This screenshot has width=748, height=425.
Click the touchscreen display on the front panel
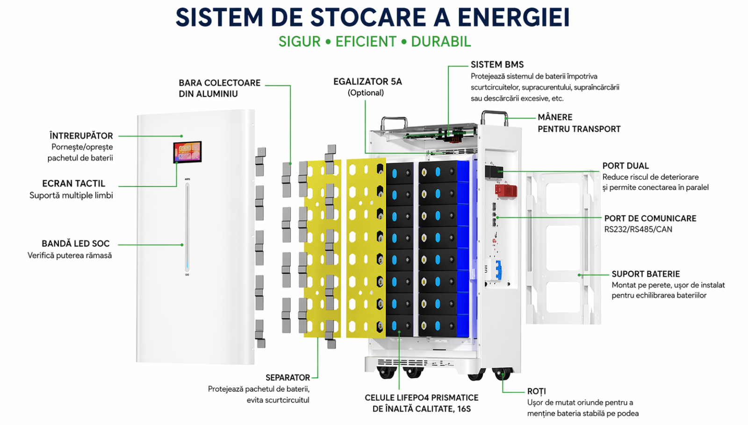click(x=187, y=152)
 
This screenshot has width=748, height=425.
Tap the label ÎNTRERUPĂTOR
click(x=81, y=136)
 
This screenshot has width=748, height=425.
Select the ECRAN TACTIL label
click(x=73, y=184)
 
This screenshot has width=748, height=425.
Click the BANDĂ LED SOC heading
click(x=75, y=243)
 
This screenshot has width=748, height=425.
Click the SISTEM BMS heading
click(x=497, y=64)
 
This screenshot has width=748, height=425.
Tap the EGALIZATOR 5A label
click(x=367, y=82)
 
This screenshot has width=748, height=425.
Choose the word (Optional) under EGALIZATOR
click(x=366, y=92)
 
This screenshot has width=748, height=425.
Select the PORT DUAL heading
click(x=625, y=166)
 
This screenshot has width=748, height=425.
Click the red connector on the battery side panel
click(x=506, y=190)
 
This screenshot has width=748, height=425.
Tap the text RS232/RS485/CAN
click(x=638, y=229)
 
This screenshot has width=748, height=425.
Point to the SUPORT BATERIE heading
click(x=646, y=274)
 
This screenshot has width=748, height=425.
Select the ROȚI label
click(x=536, y=391)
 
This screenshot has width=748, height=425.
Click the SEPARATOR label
click(x=288, y=377)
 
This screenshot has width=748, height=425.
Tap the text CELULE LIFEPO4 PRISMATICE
click(x=421, y=398)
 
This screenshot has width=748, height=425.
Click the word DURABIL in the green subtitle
click(x=441, y=42)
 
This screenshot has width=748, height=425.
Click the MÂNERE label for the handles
click(x=555, y=117)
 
